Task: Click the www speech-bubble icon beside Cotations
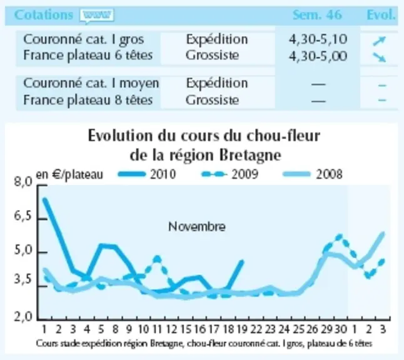97,16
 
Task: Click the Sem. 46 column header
318,14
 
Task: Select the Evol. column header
381,14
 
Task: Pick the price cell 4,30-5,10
318,39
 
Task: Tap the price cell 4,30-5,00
318,56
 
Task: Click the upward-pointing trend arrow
380,41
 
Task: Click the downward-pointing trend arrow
380,57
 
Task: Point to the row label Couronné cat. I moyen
91,83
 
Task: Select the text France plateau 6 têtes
88,56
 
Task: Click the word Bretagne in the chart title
250,156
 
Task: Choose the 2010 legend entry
147,174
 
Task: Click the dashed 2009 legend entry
230,174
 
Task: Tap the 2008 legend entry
313,174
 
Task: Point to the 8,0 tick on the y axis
23,182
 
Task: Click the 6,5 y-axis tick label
23,217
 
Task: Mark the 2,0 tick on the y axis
23,317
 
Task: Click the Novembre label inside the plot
197,227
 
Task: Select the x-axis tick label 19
242,329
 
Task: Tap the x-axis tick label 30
341,329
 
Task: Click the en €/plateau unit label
69,175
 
